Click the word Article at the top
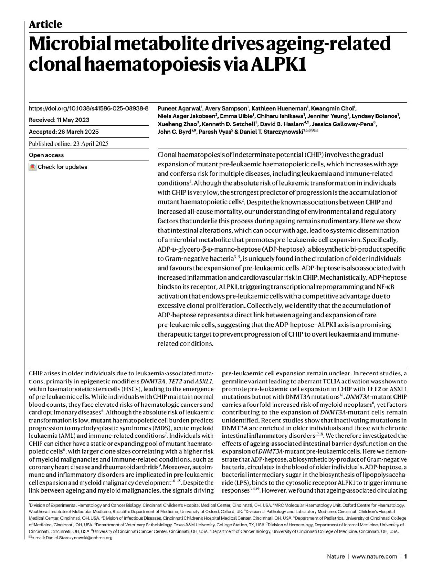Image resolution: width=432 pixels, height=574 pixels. pos(45,25)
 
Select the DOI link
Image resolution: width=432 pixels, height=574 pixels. pos(89,108)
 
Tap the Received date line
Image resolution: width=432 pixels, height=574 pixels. pos(59,120)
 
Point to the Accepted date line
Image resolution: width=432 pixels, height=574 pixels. pos(64,132)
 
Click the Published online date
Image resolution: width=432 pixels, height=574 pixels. pos(68,143)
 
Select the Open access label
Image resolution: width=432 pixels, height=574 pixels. pos(46,155)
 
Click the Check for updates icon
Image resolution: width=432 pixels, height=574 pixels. pos(33,167)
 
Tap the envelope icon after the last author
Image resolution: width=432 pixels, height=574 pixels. pos(316,131)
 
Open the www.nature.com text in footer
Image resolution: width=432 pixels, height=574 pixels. pos(374,556)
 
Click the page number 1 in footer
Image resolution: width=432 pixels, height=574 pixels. pos(406,556)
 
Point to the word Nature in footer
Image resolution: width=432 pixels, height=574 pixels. pos(336,556)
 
